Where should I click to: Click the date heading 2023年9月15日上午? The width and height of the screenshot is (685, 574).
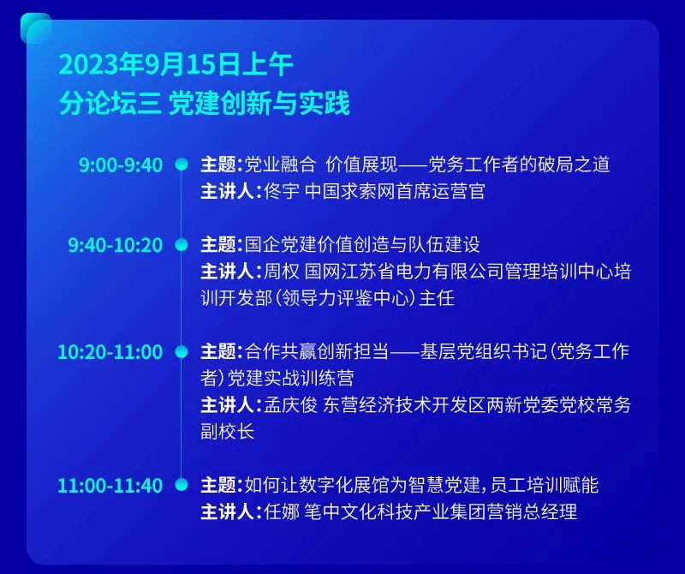[176, 65]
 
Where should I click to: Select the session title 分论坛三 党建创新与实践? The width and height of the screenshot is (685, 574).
[204, 103]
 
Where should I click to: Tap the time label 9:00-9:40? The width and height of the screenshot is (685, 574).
[121, 165]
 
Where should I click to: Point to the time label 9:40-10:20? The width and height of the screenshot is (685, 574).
[116, 245]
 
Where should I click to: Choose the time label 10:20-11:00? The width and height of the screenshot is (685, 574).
[110, 352]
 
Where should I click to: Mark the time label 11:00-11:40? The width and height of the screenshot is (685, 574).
[110, 485]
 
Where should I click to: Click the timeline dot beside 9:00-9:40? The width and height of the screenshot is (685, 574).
[182, 164]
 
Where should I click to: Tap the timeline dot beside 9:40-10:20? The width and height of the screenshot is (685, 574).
[182, 244]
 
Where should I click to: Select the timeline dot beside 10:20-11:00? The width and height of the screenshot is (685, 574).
[182, 351]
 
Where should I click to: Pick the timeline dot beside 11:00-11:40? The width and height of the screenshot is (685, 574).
[182, 485]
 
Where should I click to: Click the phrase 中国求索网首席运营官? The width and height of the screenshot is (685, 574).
[395, 192]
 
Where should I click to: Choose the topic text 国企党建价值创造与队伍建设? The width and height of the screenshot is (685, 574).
[362, 244]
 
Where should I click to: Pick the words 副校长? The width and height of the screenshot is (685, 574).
[227, 432]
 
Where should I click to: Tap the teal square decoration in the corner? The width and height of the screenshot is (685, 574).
[35, 28]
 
